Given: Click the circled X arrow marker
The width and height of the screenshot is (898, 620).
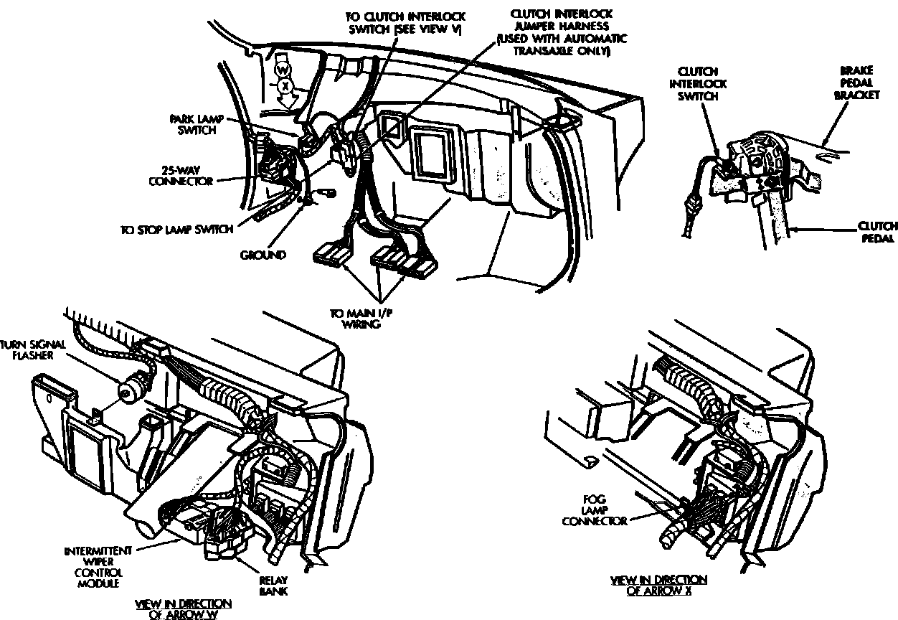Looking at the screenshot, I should coord(285,85).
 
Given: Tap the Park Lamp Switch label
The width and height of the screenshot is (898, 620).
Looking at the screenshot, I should coord(192,123).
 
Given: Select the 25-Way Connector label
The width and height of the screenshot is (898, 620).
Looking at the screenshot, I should coord(181,176).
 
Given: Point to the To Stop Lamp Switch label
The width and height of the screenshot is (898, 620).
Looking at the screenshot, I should coord(176,230).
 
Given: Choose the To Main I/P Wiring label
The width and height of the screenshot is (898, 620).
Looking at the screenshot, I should coord(354,319).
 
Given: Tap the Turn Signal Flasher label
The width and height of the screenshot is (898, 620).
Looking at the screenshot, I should coord(34,349).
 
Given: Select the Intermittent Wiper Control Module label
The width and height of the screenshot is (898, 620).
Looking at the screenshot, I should coord(98,567).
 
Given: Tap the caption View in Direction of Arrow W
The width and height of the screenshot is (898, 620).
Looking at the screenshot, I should coord(183,609).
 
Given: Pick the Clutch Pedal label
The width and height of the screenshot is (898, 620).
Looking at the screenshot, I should coord(877,232).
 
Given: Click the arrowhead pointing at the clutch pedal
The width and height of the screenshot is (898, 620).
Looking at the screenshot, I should coord(793,229).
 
